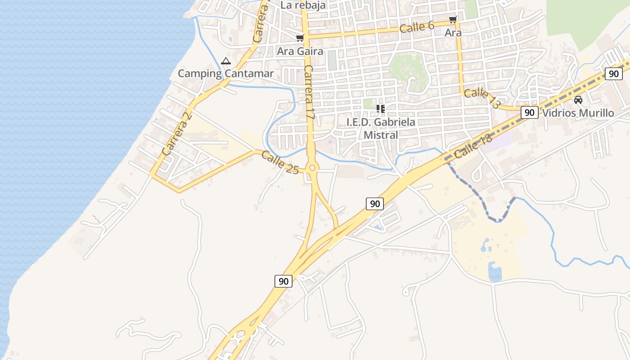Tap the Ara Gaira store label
click(x=300, y=51)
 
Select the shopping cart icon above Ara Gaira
click(x=300, y=38)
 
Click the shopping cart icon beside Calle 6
click(x=453, y=20)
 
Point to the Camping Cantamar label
click(x=225, y=73)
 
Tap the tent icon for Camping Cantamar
click(x=226, y=61)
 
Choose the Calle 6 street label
click(x=417, y=27)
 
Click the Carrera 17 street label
click(x=309, y=92)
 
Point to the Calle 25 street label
click(x=280, y=162)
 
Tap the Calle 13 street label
click(x=482, y=98)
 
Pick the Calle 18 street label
click(x=473, y=146)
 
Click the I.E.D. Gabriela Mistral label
click(x=381, y=128)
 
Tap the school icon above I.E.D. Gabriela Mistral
click(x=381, y=109)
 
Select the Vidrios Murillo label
click(x=578, y=113)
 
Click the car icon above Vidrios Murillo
click(x=578, y=100)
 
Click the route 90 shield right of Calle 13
click(x=530, y=112)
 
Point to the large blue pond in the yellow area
click(x=495, y=272)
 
